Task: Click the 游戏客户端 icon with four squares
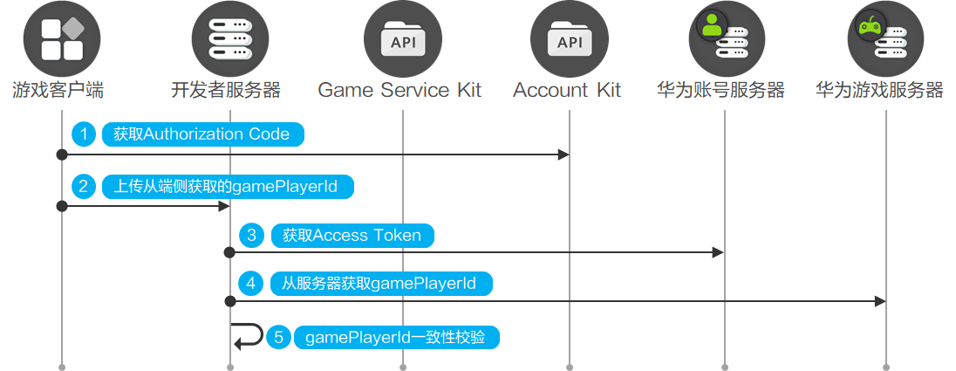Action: click(62, 39)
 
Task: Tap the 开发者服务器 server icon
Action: click(230, 39)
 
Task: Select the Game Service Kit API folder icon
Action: click(402, 39)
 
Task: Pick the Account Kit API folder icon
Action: click(569, 39)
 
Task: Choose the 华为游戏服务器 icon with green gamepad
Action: click(885, 39)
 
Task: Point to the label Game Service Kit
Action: click(399, 90)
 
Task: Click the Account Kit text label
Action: click(567, 90)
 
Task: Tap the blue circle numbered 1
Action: click(85, 134)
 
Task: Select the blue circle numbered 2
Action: click(85, 186)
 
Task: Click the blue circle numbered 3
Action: click(252, 235)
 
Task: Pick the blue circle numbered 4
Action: click(252, 284)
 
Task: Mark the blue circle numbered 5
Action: click(278, 338)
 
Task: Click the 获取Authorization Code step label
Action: click(201, 134)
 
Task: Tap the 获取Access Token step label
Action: click(352, 235)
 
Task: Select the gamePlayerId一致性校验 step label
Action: click(397, 338)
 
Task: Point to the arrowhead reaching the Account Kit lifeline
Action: click(563, 155)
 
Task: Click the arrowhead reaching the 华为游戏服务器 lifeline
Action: click(879, 301)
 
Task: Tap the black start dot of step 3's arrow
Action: click(230, 252)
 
